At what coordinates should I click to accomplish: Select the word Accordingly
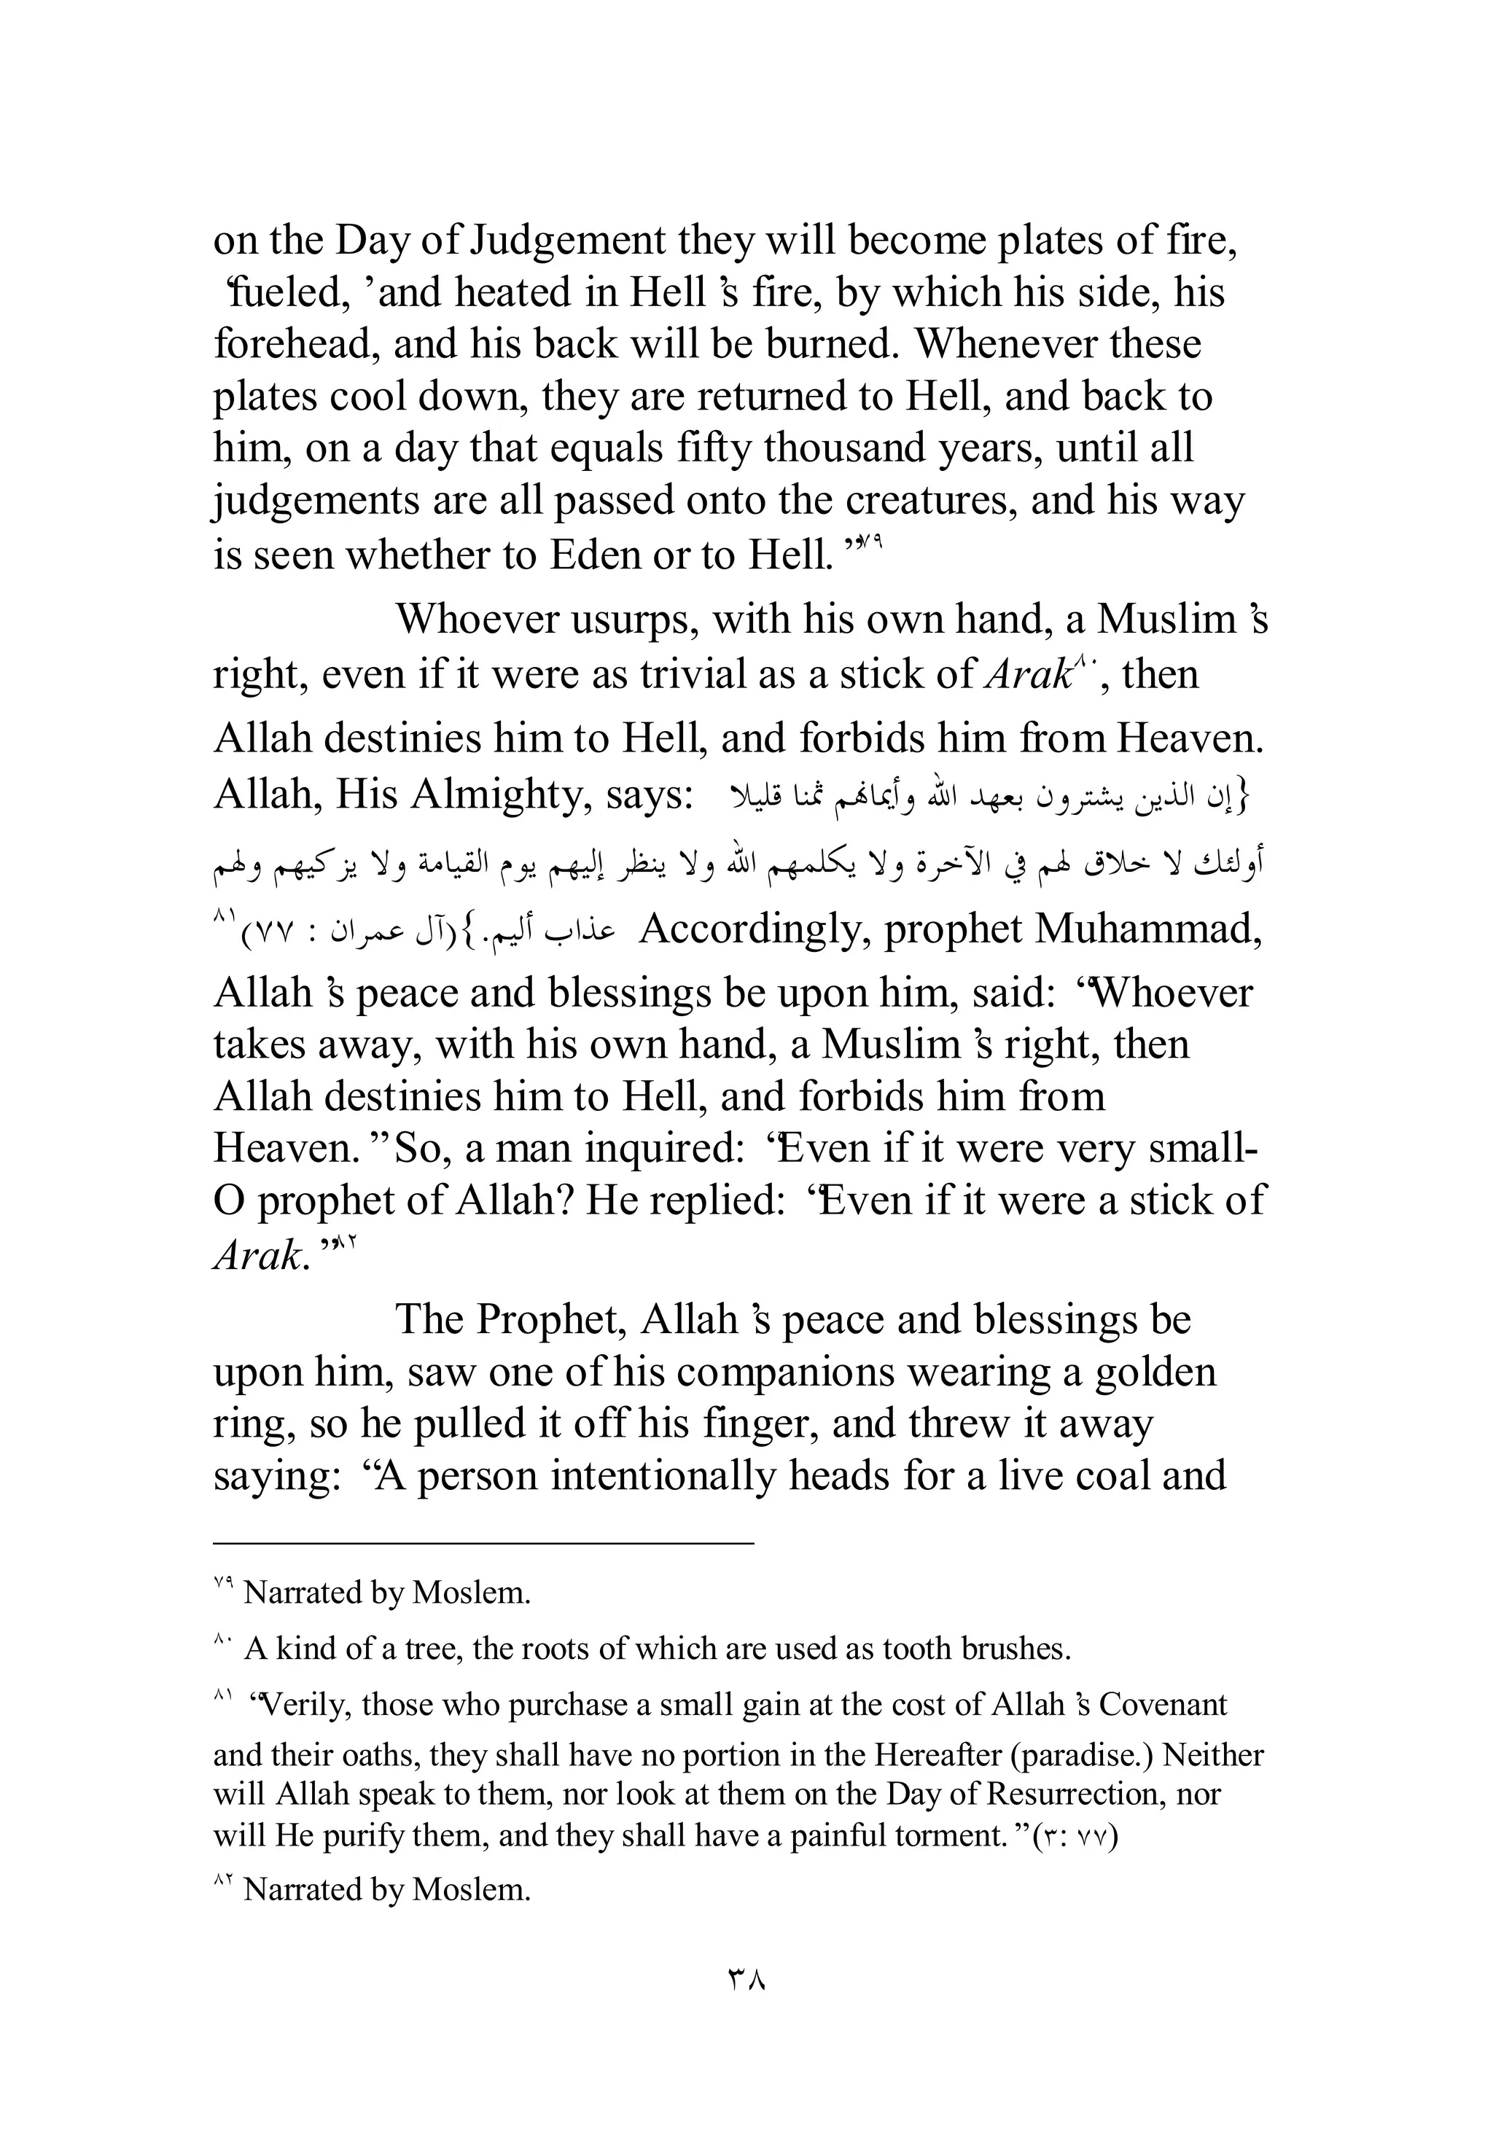(x=755, y=929)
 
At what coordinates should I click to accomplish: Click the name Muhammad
(x=1147, y=929)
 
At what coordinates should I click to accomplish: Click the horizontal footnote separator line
(x=483, y=1542)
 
